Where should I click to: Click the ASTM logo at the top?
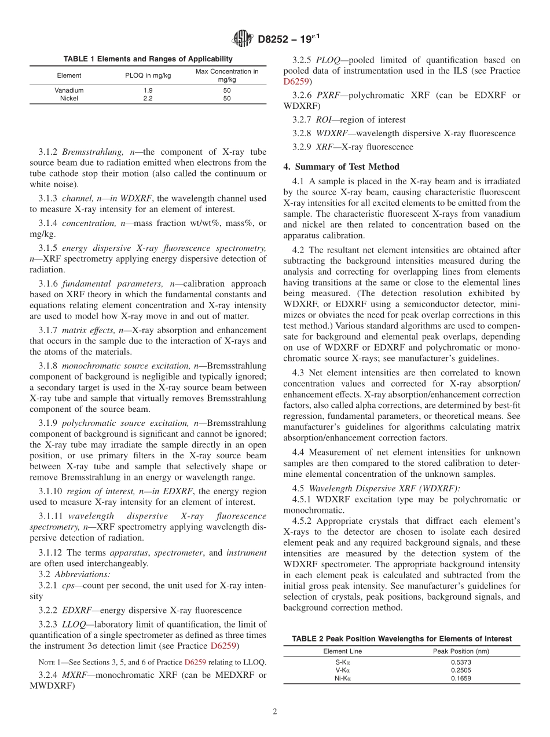pyautogui.click(x=243, y=39)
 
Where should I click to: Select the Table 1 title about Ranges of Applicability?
pyautogui.click(x=148, y=59)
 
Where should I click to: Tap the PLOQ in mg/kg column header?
pyautogui.click(x=148, y=75)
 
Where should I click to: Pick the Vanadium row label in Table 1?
pyautogui.click(x=69, y=90)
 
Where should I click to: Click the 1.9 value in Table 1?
pyautogui.click(x=148, y=90)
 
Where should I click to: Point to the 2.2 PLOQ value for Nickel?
pyautogui.click(x=148, y=98)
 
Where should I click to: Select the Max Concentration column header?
pyautogui.click(x=227, y=75)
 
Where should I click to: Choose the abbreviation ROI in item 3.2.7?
pyautogui.click(x=324, y=120)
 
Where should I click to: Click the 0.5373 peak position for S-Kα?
pyautogui.click(x=461, y=662)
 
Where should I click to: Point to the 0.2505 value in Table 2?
pyautogui.click(x=461, y=670)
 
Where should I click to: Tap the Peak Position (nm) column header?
pyautogui.click(x=461, y=651)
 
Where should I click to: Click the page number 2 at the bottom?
pyautogui.click(x=275, y=712)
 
